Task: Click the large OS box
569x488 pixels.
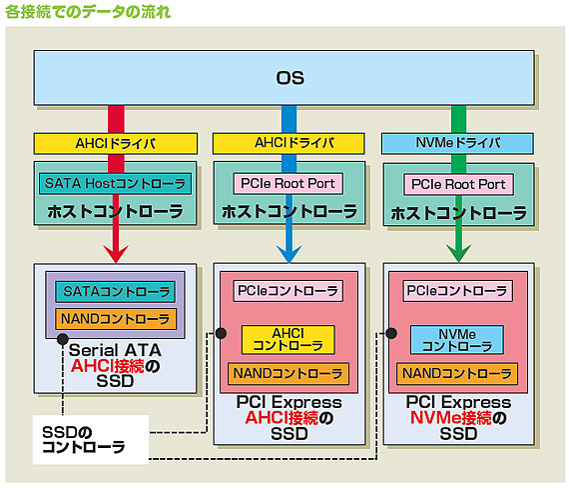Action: pyautogui.click(x=288, y=77)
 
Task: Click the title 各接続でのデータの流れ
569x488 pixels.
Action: pyautogui.click(x=88, y=13)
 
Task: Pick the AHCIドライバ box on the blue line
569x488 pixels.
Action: pyautogui.click(x=287, y=144)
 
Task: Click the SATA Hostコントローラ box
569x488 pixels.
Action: pyautogui.click(x=115, y=184)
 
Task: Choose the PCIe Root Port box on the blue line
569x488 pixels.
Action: pyautogui.click(x=288, y=184)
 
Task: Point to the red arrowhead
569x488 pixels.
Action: pyautogui.click(x=116, y=253)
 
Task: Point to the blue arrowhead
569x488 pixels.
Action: pyautogui.click(x=288, y=253)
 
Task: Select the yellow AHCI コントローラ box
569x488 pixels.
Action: pyautogui.click(x=288, y=338)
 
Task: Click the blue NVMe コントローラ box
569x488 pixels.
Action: pyautogui.click(x=456, y=338)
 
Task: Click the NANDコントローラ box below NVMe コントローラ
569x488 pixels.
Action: pyautogui.click(x=456, y=373)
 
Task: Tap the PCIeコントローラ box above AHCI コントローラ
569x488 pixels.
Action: pyautogui.click(x=287, y=291)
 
